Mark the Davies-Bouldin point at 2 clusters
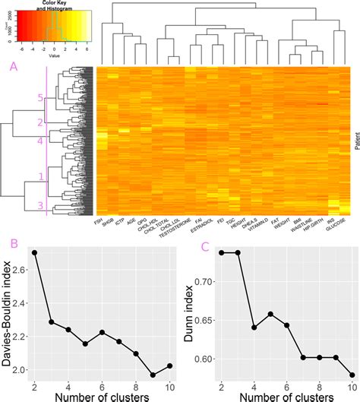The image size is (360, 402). (x=35, y=252)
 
